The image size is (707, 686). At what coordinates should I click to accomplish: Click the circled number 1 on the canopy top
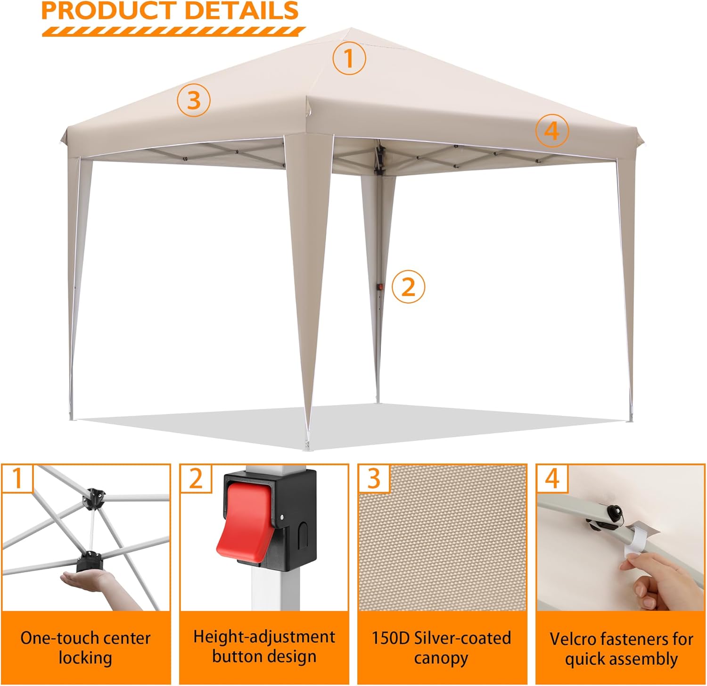tap(349, 58)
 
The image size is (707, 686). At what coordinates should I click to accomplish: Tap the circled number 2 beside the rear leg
tap(408, 286)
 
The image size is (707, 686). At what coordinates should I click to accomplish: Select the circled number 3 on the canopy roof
tap(194, 100)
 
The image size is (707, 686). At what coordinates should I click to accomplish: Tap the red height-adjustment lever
tap(244, 521)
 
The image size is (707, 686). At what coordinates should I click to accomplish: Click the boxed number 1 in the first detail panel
tap(17, 479)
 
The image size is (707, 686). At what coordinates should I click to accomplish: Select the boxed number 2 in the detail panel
tap(196, 479)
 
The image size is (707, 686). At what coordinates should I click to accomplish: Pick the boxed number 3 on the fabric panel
tap(374, 479)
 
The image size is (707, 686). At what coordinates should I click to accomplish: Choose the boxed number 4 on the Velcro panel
tap(552, 479)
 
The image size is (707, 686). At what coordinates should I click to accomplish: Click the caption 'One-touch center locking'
tap(85, 648)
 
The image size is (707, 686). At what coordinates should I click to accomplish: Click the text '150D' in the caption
tap(391, 638)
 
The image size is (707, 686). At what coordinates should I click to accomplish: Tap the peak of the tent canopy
tap(349, 30)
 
